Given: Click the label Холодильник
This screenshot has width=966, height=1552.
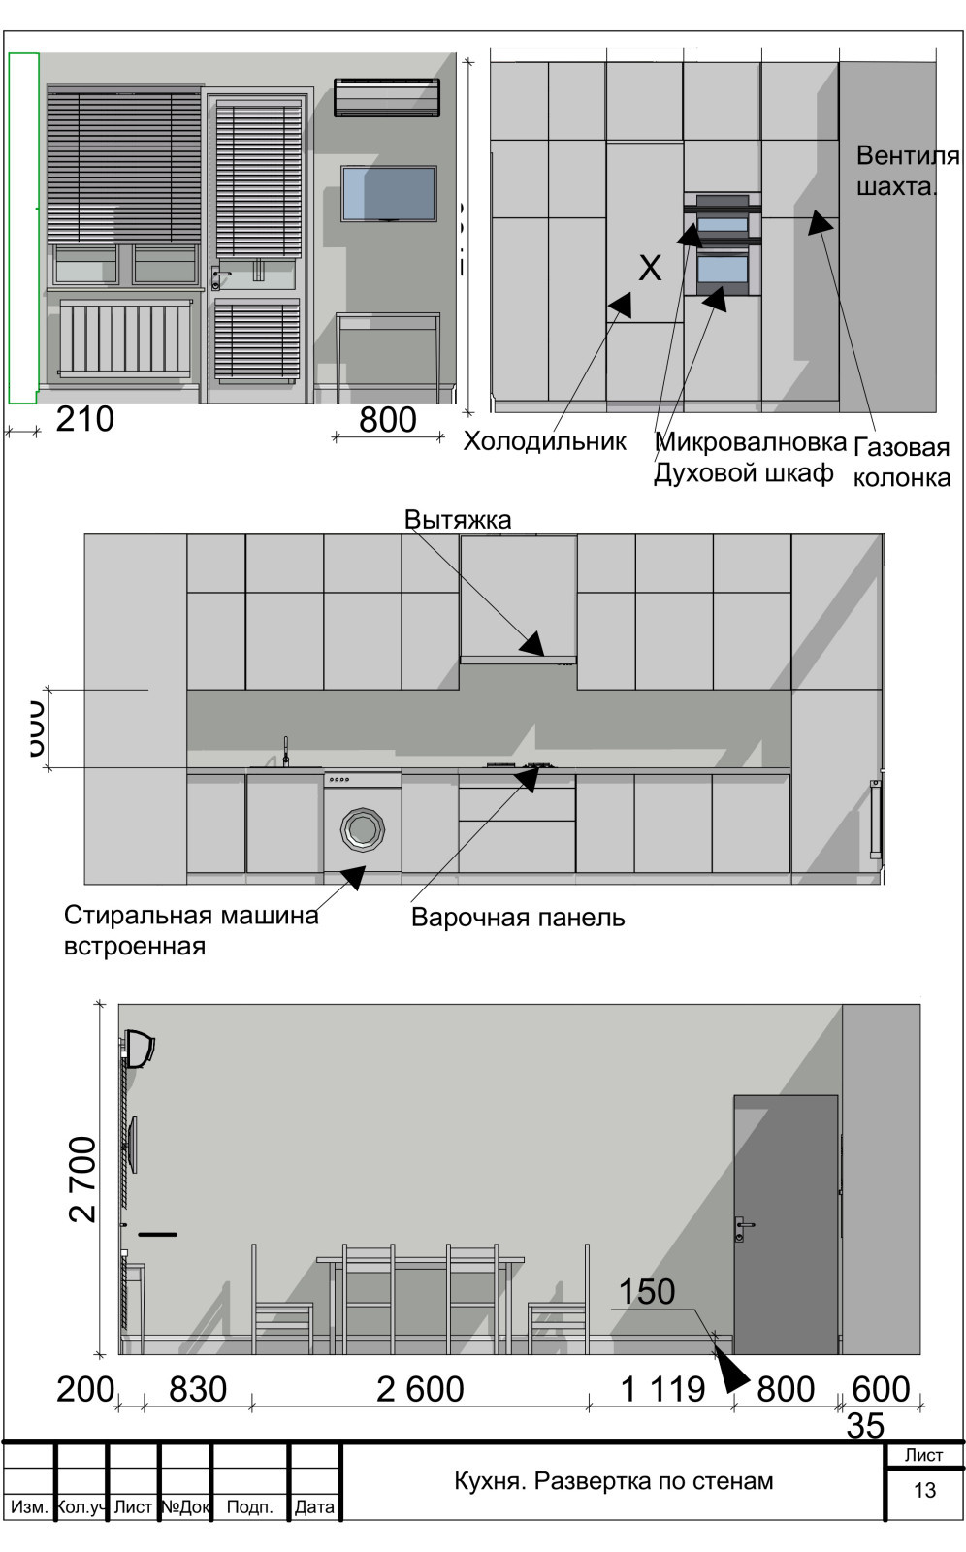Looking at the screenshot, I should coord(544,441).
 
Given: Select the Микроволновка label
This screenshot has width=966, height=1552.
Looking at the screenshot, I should coord(751,442).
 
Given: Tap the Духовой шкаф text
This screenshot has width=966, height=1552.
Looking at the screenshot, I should coord(743,473).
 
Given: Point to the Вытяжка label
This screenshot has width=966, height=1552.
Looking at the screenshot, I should coord(457,519).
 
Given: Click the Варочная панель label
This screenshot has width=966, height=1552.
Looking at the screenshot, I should coord(518,918).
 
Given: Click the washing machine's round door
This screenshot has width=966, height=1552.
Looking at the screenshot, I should coord(362,829).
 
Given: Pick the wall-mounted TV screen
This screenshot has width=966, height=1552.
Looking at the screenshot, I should coord(388,193).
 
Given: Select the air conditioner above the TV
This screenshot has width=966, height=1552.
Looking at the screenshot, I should coord(387,97).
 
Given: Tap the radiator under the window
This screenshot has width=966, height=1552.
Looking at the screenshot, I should coord(125,337).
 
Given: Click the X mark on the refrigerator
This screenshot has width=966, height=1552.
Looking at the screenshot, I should coord(650,268).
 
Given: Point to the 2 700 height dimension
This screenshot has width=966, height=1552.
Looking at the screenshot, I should coord(83,1179).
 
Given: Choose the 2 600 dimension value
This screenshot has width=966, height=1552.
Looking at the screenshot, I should coord(420,1389).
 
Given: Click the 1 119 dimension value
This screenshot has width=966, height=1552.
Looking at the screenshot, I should coord(662,1389).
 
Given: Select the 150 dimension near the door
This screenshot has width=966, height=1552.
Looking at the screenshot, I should coord(647,1292).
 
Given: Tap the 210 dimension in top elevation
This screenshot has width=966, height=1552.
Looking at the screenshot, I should coord(85,419).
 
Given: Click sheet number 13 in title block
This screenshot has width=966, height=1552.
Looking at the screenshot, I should coord(924,1490).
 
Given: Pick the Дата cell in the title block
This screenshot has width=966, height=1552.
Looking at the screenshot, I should coord(314,1506).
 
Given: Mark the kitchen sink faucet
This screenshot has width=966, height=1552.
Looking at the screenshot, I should coord(286,752).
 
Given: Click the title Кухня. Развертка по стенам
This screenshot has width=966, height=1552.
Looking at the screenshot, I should coord(613,1481).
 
